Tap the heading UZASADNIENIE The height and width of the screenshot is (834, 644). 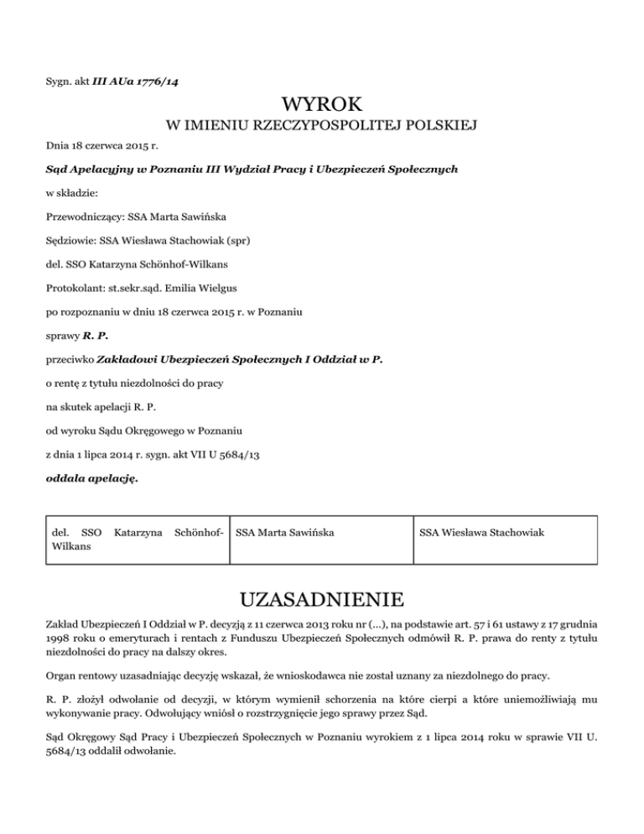(322, 601)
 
